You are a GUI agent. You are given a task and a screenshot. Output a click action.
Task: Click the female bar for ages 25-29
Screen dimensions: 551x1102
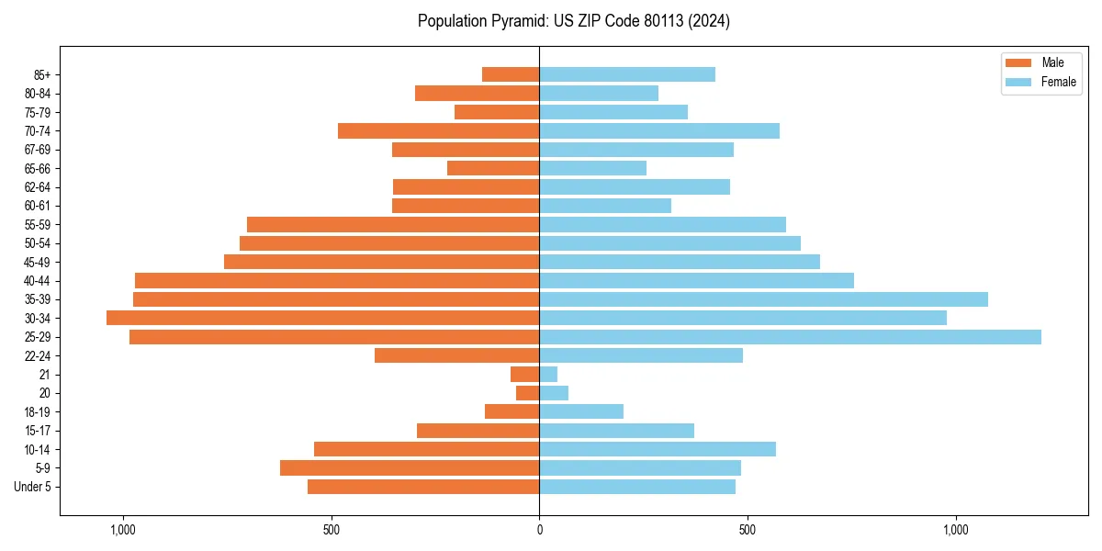[790, 337]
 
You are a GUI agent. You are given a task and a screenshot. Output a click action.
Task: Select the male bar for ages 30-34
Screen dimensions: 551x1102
[322, 318]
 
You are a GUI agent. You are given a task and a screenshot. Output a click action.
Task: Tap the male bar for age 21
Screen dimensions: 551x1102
[525, 374]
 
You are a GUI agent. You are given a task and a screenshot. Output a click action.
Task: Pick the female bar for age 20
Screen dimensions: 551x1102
[554, 393]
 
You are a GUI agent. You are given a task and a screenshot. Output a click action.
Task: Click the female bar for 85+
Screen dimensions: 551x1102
[627, 74]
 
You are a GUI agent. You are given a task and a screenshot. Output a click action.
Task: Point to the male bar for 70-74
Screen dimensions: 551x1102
[438, 130]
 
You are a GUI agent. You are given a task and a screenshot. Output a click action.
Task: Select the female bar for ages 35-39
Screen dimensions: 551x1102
[763, 299]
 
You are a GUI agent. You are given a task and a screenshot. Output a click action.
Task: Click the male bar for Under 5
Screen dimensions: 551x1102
[423, 487]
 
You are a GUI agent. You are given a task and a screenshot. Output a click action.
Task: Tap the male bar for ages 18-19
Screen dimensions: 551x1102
[512, 411]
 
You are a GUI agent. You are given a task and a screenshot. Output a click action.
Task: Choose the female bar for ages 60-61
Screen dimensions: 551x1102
[605, 206]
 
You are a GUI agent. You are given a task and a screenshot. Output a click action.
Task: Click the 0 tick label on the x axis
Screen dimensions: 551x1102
[539, 530]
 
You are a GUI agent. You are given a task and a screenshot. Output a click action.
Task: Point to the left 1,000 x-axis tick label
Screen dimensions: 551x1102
[122, 530]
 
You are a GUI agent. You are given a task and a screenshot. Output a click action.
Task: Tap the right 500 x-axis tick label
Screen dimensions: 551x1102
[748, 530]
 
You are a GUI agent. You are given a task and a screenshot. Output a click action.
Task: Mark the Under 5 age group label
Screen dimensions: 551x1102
[33, 487]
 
